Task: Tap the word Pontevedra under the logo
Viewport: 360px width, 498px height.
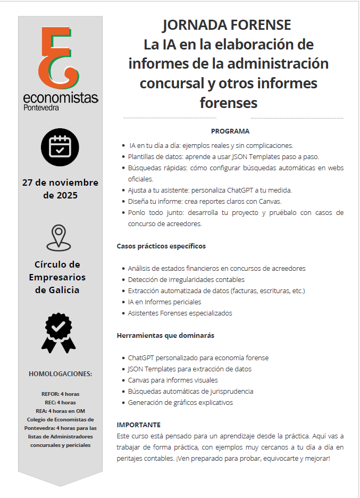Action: tap(41, 107)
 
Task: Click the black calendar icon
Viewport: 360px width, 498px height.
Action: tap(60, 147)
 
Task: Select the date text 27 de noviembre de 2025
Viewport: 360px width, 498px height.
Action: tap(60, 189)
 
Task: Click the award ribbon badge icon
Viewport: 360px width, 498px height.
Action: tap(58, 333)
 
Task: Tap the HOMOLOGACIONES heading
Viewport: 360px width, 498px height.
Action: tap(60, 374)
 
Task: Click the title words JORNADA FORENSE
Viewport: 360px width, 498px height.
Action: tap(228, 25)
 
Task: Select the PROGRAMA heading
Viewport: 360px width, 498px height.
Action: tap(230, 131)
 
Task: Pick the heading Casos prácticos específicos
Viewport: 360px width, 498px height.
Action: tap(161, 246)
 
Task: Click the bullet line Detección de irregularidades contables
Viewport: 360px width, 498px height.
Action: tap(186, 280)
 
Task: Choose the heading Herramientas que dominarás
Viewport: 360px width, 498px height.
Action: tap(165, 336)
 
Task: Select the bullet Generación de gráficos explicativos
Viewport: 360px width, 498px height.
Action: tap(180, 403)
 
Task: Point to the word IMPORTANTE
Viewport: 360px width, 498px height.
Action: tap(138, 425)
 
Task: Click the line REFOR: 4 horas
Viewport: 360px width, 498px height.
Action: tap(60, 394)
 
